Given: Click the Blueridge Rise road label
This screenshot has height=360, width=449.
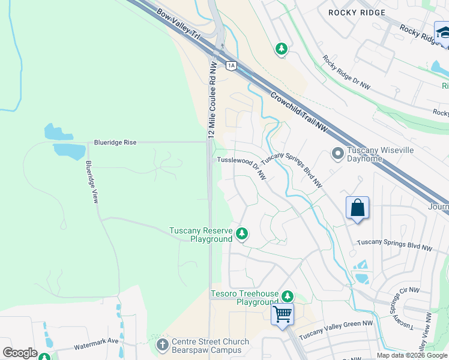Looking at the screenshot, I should tap(115, 142).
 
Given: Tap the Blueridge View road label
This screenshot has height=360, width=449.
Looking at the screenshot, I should tap(91, 182).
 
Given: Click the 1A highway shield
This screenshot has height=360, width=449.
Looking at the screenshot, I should tap(231, 65).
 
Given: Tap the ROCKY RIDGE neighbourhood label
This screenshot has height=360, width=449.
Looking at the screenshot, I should tap(351, 12).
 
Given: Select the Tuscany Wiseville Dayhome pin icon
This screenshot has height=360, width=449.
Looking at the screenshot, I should tap(337, 154).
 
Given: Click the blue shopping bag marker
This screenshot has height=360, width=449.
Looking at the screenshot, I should tap(357, 209).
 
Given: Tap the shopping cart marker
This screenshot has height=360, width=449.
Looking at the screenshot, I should tap(282, 313).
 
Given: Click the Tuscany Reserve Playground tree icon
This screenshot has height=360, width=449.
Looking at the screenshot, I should tap(241, 233).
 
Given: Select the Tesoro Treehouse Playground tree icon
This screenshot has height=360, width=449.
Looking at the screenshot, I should tap(288, 296).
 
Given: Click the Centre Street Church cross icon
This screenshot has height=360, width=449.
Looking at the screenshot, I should tap(162, 345).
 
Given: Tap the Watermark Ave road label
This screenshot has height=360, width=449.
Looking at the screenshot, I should tap(96, 346).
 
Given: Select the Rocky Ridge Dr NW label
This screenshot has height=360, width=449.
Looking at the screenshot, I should tap(346, 73).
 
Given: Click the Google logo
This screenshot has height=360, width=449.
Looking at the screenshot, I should tap(20, 353).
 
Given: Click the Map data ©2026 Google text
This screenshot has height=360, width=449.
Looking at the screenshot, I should tap(412, 355).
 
